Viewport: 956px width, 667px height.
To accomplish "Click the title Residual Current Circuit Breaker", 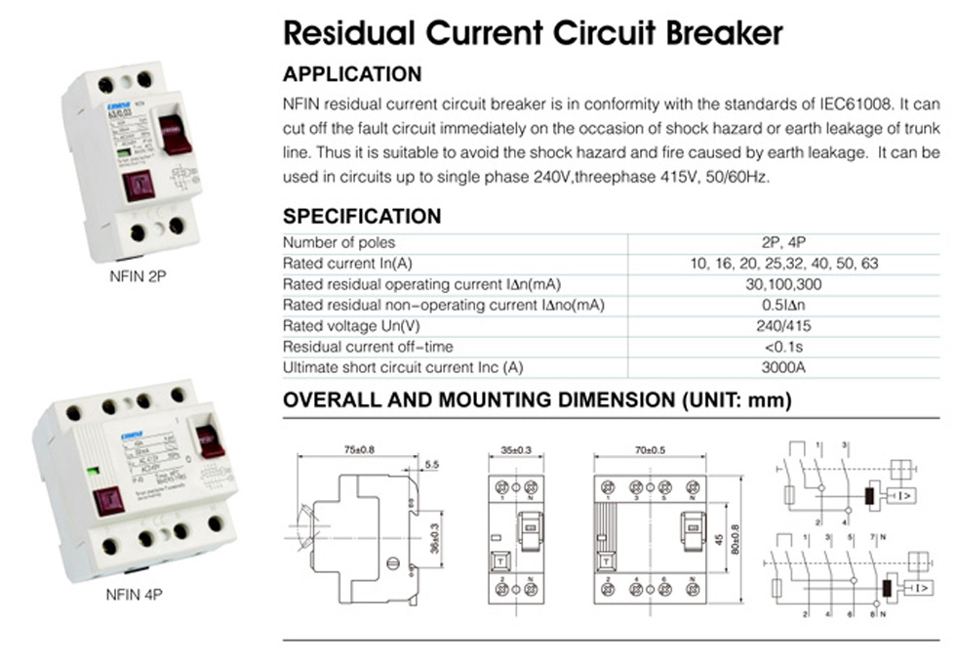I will pos(533,33).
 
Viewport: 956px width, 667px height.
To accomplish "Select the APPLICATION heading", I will pos(352,74).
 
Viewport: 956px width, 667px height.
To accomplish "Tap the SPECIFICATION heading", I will pos(362,216).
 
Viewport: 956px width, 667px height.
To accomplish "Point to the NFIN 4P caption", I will pos(133,592).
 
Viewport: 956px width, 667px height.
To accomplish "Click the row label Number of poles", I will pos(339,242).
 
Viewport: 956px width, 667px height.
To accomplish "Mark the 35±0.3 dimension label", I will pos(517,450).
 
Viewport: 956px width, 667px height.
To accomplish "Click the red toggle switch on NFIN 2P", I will pos(176,134).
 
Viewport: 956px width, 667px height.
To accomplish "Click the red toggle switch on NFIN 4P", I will pos(211,440).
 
